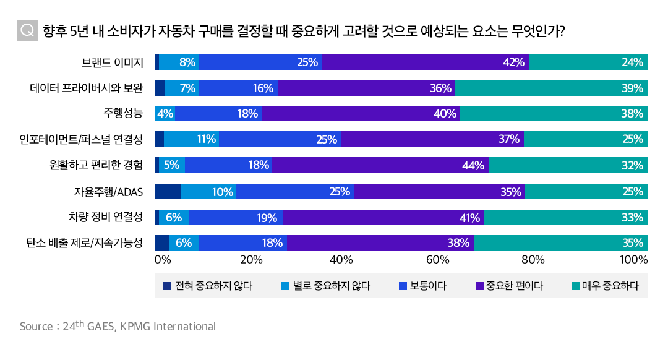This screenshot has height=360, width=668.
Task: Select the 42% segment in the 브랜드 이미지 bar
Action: point(425,62)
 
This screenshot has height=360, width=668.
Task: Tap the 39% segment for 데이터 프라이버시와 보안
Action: point(551,88)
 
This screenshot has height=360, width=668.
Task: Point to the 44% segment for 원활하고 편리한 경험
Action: point(380,165)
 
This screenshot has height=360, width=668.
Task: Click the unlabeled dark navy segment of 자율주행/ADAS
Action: point(168,191)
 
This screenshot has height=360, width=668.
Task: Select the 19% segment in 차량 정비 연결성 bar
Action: point(236,217)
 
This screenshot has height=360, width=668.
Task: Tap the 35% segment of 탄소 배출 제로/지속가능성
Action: point(561,243)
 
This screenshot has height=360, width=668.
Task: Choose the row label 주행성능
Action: point(123,114)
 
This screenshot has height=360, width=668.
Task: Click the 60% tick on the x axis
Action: point(437,259)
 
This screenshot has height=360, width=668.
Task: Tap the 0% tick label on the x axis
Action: point(162,259)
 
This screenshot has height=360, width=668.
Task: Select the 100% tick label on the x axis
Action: point(633,259)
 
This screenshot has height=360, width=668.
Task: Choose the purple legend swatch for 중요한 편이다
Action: point(479,286)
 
